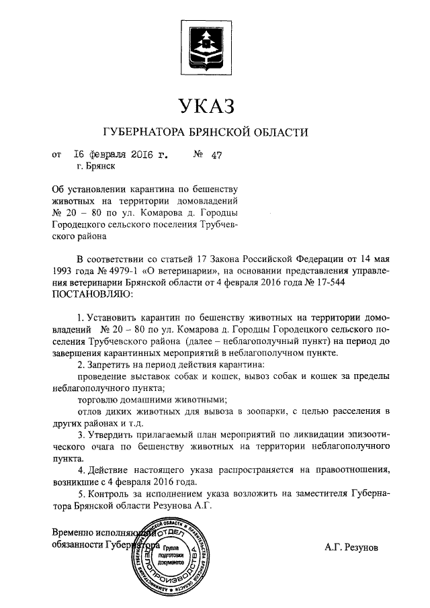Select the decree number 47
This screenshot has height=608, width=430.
tap(216, 156)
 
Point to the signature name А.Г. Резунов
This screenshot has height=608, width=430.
tap(351, 548)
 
